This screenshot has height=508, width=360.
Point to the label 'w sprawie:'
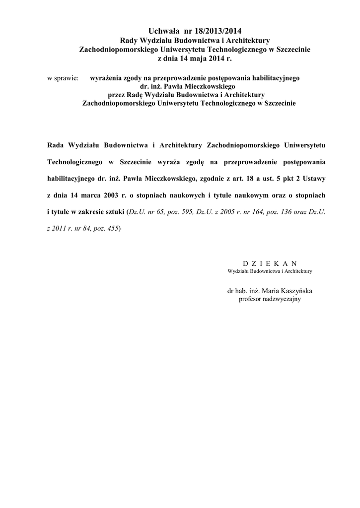[x=63, y=78]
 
